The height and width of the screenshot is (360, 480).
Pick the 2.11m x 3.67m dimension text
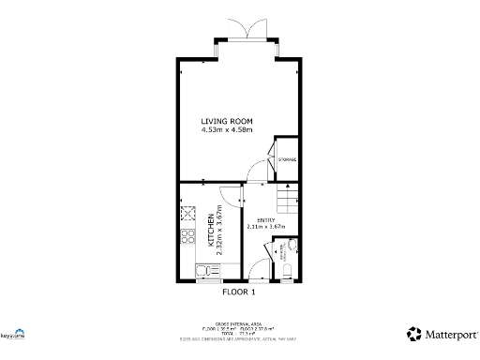click(x=264, y=226)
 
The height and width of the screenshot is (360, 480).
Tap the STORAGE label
click(x=287, y=159)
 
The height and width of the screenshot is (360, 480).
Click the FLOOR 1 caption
click(x=238, y=292)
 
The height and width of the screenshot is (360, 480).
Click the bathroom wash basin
click(x=293, y=246)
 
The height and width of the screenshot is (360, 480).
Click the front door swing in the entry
click(x=253, y=272)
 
